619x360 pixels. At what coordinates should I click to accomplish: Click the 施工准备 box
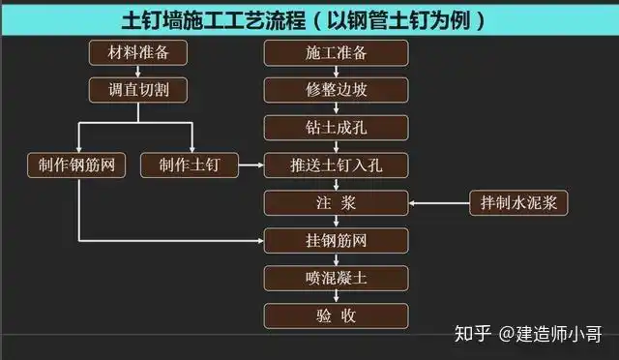point(337,53)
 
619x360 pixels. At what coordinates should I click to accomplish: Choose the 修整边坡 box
point(337,90)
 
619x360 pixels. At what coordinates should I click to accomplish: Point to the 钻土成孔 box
point(337,128)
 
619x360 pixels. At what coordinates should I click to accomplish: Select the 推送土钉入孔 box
point(337,165)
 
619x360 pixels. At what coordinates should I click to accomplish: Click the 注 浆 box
point(337,203)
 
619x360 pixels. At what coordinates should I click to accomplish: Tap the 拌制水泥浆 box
point(518,203)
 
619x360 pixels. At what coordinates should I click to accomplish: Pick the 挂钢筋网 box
point(337,240)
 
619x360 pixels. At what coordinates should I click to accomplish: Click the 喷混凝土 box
point(337,278)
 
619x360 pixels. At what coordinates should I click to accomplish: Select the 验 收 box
point(337,315)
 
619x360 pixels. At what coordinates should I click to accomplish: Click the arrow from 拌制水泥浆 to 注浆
point(440,203)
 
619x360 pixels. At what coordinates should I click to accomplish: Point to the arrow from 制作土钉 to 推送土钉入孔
point(251,165)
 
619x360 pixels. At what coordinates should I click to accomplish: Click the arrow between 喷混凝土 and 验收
point(337,297)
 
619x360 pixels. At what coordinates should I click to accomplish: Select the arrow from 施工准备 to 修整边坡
point(337,72)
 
